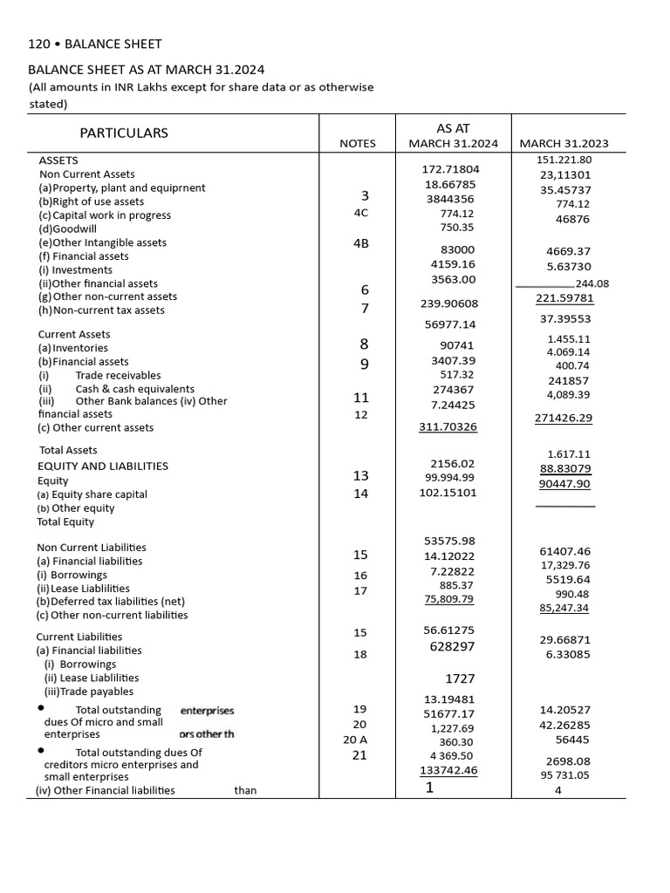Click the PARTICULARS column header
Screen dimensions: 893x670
(x=124, y=133)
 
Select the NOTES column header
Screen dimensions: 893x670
(x=358, y=144)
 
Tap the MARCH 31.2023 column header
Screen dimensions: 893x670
(x=564, y=144)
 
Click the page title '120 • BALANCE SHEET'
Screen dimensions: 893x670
(x=95, y=44)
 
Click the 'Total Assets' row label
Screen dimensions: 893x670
(x=68, y=450)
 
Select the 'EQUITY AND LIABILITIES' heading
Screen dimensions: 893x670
(x=102, y=466)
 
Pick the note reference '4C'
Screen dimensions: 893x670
(x=360, y=213)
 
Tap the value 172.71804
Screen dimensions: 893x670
(x=450, y=168)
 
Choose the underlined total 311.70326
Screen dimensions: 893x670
(x=448, y=427)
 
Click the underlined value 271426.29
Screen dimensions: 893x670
(x=563, y=418)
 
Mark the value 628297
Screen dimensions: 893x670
(x=452, y=647)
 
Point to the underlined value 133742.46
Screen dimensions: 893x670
(x=448, y=770)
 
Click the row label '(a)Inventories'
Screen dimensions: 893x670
(x=73, y=348)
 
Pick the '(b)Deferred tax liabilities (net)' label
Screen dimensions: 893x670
(x=110, y=601)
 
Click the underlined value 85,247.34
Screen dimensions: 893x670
(x=564, y=608)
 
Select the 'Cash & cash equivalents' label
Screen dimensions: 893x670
(x=134, y=389)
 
